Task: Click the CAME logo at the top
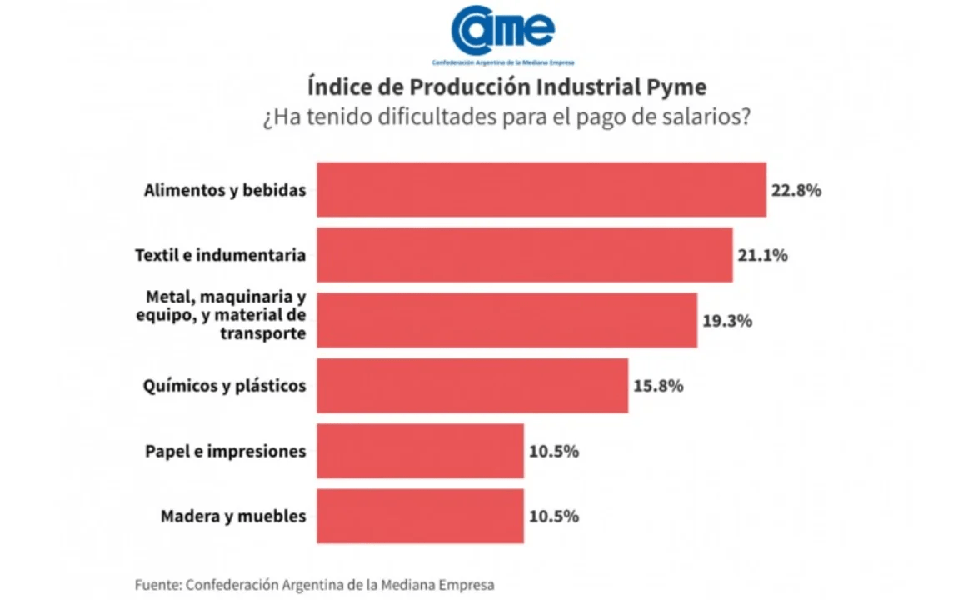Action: tap(502, 33)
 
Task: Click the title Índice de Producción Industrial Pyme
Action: tap(506, 87)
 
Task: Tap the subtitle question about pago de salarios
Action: tap(506, 117)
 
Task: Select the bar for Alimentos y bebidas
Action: tap(541, 190)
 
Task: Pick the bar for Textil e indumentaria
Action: tap(524, 255)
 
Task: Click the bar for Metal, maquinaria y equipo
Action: tap(506, 320)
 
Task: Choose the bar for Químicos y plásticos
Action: tap(472, 385)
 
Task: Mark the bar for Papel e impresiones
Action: tap(420, 451)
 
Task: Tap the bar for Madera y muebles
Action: tap(420, 516)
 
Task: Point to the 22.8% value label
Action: tap(796, 191)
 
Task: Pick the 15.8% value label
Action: tap(658, 386)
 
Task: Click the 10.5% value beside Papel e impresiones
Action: tap(554, 452)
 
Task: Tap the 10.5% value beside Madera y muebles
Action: tap(554, 517)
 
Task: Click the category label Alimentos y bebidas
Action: tap(225, 191)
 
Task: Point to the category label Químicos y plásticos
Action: tap(225, 386)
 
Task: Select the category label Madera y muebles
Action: tap(233, 517)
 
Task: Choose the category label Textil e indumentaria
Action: tap(220, 256)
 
